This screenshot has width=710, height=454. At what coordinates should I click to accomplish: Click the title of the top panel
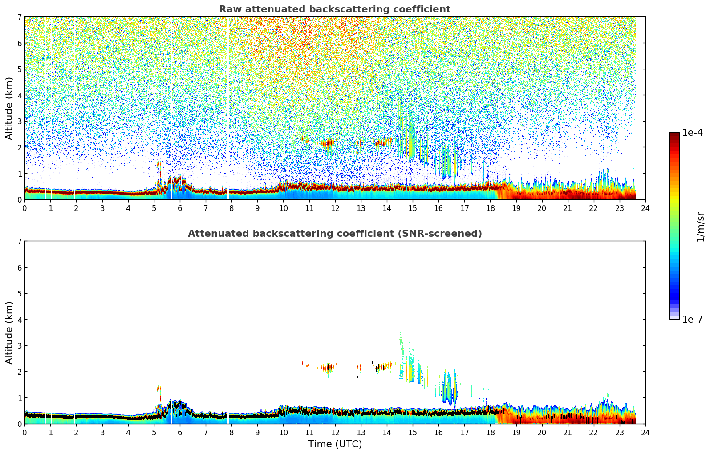[334, 9]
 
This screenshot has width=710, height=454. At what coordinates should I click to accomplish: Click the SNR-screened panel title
[334, 234]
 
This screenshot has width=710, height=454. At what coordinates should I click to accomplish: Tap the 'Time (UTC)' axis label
[335, 444]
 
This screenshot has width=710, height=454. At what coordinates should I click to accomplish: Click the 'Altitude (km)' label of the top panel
[9, 108]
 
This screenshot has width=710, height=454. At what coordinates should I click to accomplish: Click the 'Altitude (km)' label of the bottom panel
[9, 332]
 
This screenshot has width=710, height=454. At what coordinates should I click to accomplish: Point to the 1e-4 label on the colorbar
[692, 133]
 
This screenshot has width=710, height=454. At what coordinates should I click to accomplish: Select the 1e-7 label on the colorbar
[692, 320]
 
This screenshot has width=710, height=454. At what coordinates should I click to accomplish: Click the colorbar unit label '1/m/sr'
[700, 227]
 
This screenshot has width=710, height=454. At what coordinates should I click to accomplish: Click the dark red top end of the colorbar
[674, 135]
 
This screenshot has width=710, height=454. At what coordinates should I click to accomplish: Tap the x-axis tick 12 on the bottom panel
[335, 432]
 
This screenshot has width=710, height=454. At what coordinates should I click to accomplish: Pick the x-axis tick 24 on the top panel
[645, 208]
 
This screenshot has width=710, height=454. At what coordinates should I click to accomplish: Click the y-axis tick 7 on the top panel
[19, 17]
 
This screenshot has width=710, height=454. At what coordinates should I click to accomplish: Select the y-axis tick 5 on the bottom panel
[19, 294]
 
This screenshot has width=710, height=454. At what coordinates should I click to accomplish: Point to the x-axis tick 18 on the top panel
[490, 208]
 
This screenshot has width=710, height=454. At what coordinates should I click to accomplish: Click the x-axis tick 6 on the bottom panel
[180, 432]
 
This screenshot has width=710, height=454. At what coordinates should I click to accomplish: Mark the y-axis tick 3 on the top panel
[19, 122]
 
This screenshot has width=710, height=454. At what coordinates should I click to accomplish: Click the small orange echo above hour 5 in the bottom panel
[159, 389]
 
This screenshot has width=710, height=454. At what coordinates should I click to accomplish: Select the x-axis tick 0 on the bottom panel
[24, 432]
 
